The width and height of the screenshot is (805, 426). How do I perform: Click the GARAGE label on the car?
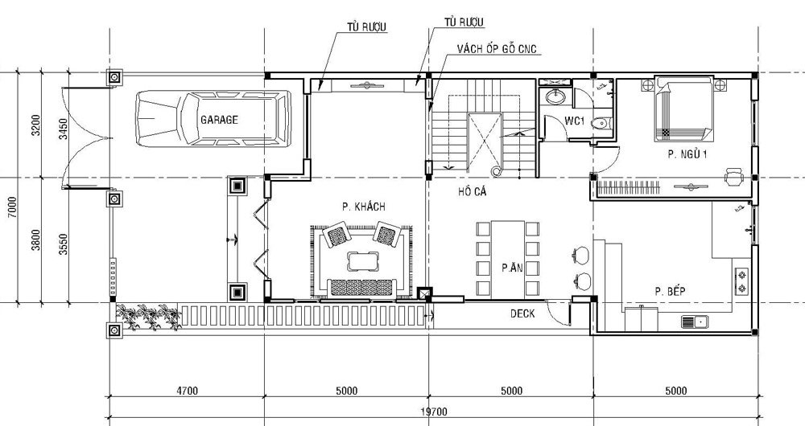(x=219, y=120)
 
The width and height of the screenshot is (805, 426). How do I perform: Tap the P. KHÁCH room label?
(x=364, y=207)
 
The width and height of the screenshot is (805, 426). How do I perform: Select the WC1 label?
(x=575, y=121)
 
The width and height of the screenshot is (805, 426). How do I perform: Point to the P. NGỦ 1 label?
(x=687, y=154)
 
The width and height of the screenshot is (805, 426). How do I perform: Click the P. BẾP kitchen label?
(x=670, y=292)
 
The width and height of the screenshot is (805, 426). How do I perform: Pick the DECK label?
(x=522, y=313)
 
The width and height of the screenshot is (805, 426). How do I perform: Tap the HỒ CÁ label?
(x=473, y=192)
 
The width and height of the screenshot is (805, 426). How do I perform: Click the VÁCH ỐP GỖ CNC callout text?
(x=497, y=49)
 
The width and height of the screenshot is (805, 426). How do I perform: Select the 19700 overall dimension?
(x=434, y=412)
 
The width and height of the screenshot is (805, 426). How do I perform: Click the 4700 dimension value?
(x=187, y=391)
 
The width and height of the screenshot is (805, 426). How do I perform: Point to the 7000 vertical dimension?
(x=13, y=207)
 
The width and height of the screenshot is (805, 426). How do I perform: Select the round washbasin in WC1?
(x=554, y=96)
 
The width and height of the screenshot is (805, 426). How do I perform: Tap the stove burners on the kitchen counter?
(x=742, y=281)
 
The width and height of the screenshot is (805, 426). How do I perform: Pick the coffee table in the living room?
(x=362, y=260)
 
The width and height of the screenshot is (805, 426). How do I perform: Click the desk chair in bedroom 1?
(x=734, y=176)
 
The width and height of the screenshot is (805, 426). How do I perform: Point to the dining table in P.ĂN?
(x=508, y=260)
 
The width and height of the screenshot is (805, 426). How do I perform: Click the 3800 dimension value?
(x=35, y=240)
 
